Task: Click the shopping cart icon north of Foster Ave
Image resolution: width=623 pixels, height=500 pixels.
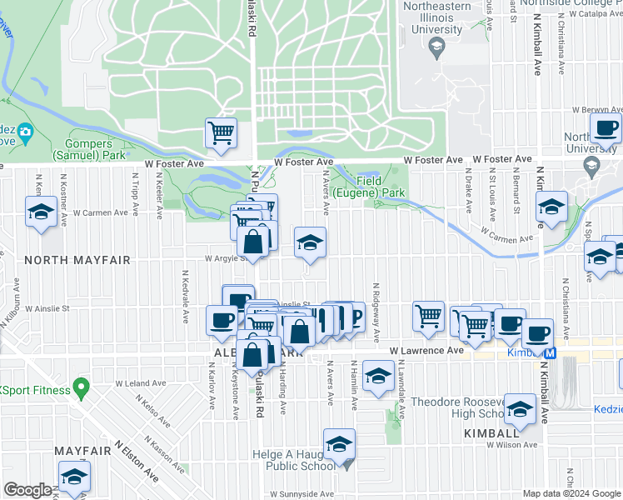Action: click(x=221, y=132)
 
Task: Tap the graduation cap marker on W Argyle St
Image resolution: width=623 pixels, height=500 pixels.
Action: click(x=310, y=242)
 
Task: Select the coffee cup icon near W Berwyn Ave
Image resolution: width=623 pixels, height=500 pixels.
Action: click(x=606, y=128)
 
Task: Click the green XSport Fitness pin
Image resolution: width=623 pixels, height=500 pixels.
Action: click(x=81, y=387)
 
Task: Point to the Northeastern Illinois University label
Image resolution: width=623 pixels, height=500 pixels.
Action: click(x=432, y=17)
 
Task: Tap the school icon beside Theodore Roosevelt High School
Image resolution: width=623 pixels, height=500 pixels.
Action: click(x=520, y=409)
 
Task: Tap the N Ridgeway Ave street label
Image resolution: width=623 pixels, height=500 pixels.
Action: click(x=376, y=310)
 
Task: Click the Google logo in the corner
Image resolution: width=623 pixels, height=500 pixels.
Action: click(x=27, y=490)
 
